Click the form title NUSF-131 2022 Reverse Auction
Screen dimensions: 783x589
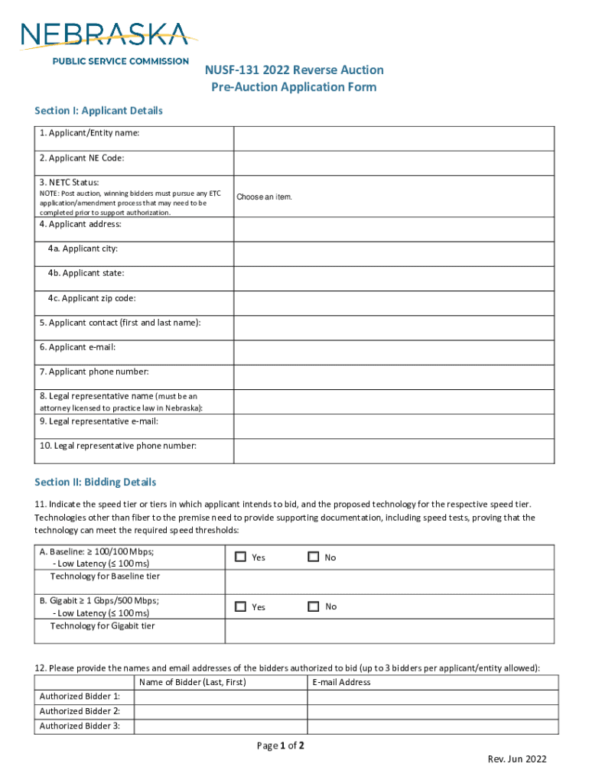coord(294,70)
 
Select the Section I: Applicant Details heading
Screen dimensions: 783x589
coord(99,111)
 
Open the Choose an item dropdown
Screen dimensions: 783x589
coord(265,197)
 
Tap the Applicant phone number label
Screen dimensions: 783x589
coord(94,372)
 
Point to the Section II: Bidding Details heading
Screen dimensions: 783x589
coord(95,482)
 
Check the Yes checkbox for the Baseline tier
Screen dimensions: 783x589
coord(240,557)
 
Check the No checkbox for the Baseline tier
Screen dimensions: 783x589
coord(313,557)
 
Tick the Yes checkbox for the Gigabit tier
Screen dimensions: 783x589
coord(240,606)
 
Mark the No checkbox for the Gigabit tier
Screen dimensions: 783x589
coord(313,606)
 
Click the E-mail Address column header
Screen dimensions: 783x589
coord(341,682)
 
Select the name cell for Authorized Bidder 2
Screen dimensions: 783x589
coord(220,711)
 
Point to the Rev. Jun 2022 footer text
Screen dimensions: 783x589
coord(517,759)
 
